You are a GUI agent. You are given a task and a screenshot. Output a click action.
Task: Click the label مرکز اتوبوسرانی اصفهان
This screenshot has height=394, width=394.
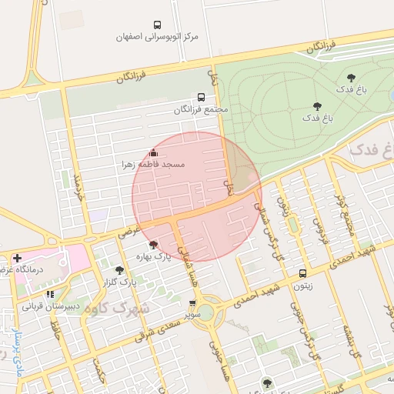coord(157,36)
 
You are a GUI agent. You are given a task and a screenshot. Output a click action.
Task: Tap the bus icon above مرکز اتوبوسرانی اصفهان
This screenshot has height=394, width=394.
coord(158,25)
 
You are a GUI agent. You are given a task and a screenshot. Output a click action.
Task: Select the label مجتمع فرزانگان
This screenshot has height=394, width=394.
coord(202,110)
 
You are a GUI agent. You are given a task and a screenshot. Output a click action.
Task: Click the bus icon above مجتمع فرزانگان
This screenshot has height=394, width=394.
coord(202,98)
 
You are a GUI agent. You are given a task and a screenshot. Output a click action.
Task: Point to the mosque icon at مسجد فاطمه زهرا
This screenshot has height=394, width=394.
coord(153,152)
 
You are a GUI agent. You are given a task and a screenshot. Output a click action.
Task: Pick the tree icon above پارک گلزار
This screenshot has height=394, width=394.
coord(119,270)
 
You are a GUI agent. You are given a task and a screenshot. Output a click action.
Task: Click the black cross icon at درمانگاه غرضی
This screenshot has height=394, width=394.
coord(17,257)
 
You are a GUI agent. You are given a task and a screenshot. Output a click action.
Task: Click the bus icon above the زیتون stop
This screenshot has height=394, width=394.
coord(303,273)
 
